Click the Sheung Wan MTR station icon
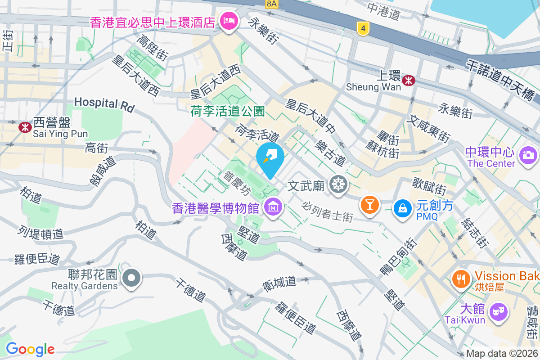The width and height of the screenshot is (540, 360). click(409, 81)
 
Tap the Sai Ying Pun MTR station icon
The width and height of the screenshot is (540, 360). click(25, 127)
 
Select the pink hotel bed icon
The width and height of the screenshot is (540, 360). click(229, 21)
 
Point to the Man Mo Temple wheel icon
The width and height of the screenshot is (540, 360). click(337, 184)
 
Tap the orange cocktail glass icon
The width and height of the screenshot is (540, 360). click(369, 206)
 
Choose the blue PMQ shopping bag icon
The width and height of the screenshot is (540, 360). click(402, 209)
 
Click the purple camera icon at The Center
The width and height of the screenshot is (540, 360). click(528, 156)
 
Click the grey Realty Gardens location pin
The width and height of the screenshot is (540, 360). click(131, 278)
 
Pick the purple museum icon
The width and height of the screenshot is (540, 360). click(273, 208)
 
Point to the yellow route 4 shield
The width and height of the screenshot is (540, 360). click(362, 28)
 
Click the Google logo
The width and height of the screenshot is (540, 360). click(30, 349)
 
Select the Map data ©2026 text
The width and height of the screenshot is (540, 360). click(502, 354)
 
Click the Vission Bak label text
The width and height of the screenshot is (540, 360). click(507, 275)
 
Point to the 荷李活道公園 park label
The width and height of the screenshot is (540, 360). click(227, 111)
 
